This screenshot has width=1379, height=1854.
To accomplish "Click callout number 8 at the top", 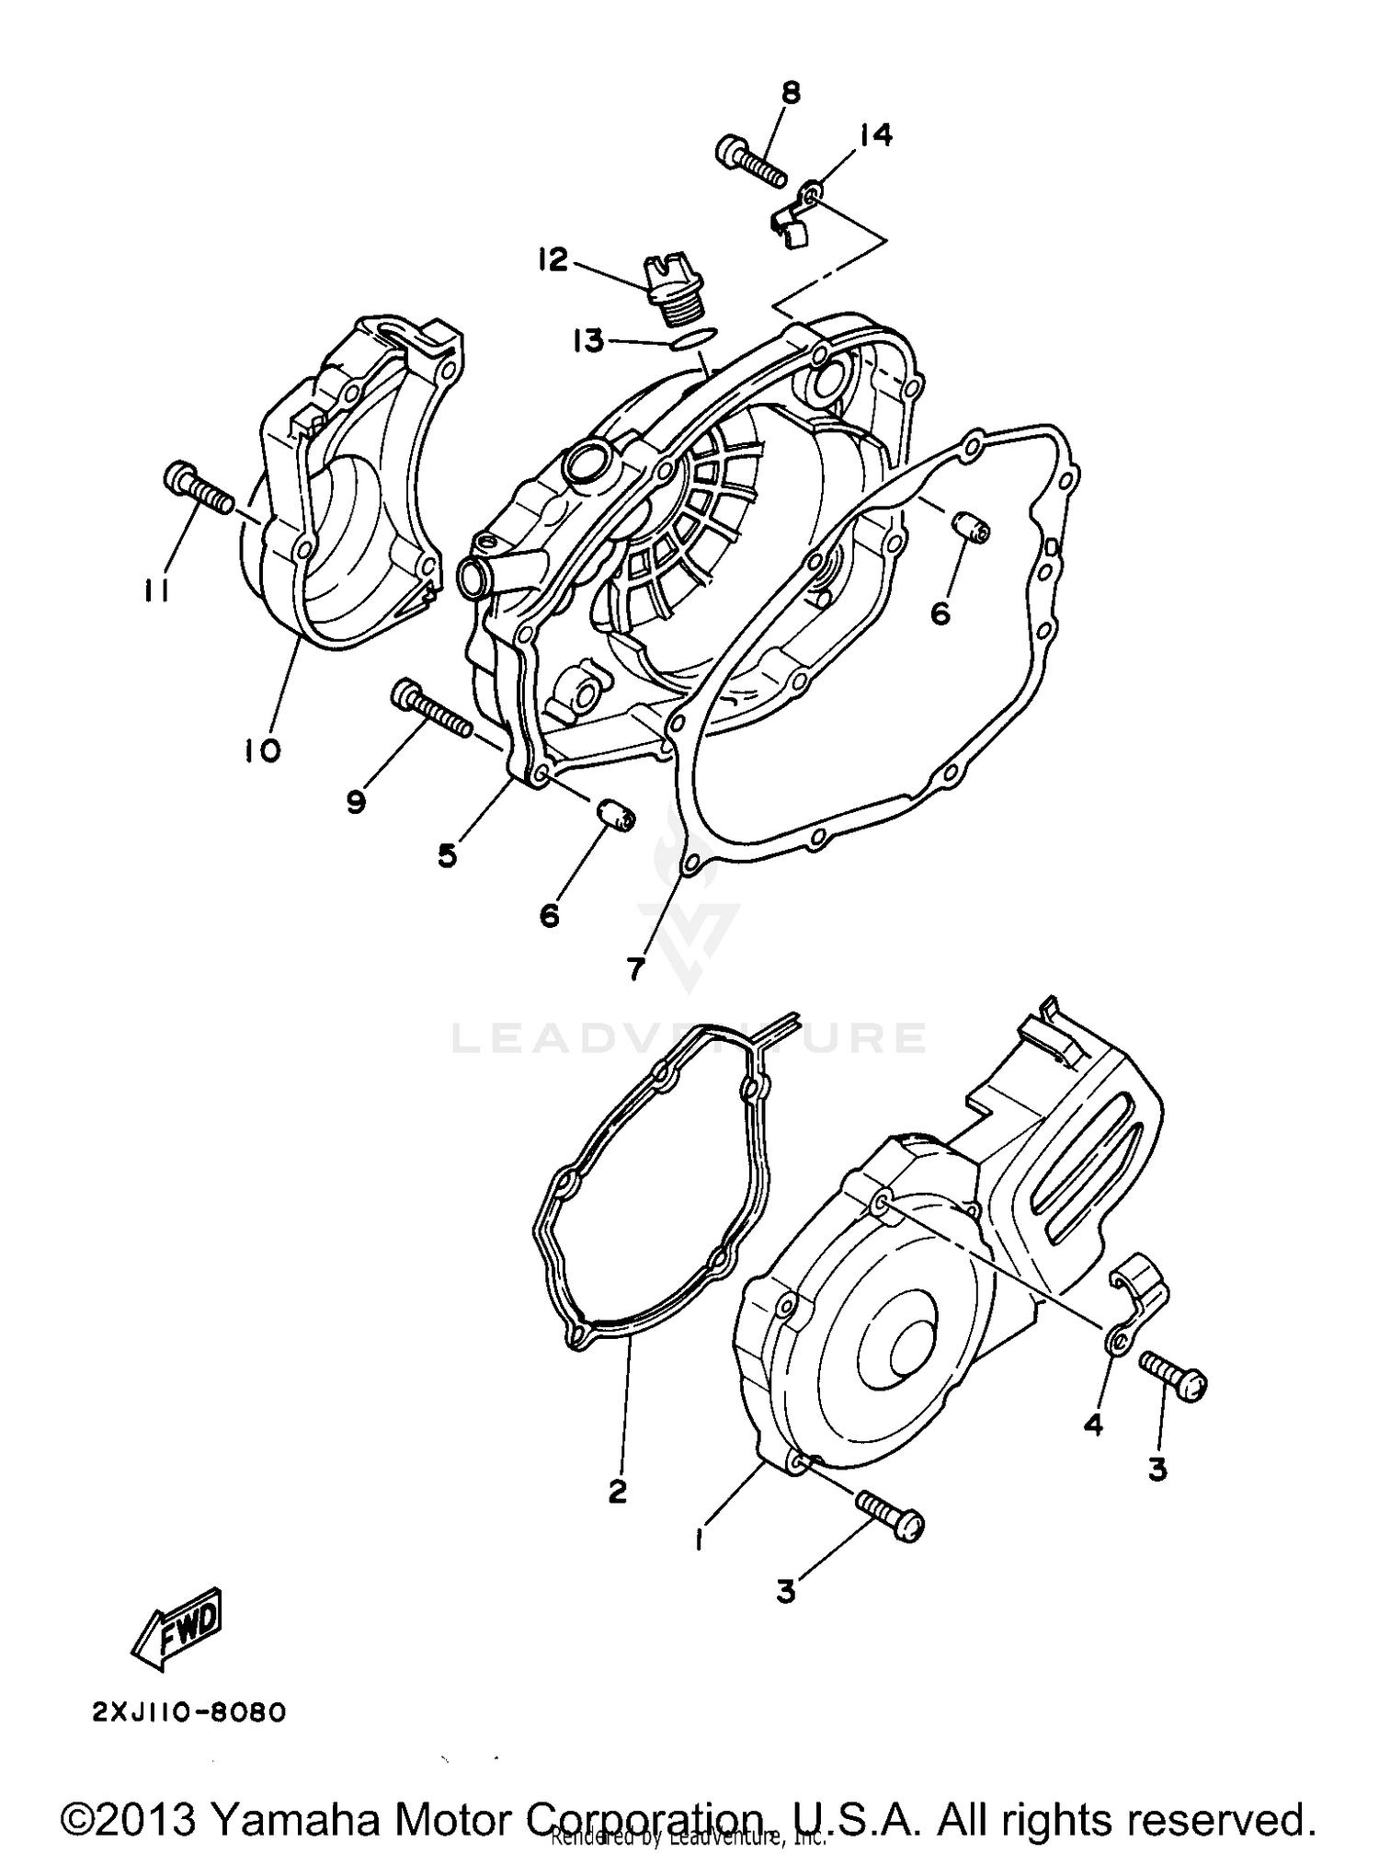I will pyautogui.click(x=791, y=93).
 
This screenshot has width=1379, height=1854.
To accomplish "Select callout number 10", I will pyautogui.click(x=262, y=751).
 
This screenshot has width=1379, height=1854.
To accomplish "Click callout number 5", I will pyautogui.click(x=447, y=855).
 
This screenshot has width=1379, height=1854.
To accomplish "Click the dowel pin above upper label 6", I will pyautogui.click(x=970, y=529).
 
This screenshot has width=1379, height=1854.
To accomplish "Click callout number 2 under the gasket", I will pyautogui.click(x=617, y=1491).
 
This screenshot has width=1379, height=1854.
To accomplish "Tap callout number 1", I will pyautogui.click(x=701, y=1539).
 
